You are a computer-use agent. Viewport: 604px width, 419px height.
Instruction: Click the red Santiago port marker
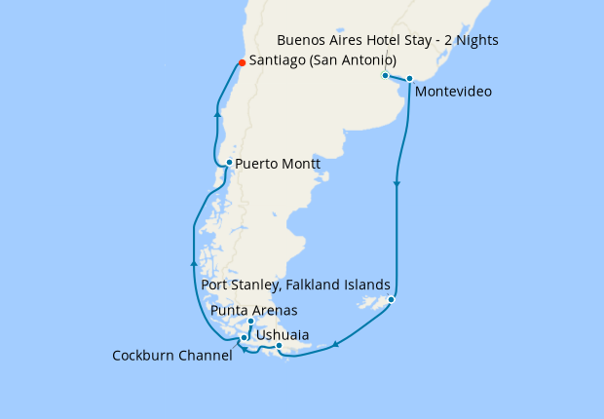(x=242, y=64)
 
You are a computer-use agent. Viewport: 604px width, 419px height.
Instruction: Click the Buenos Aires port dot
(x=385, y=75)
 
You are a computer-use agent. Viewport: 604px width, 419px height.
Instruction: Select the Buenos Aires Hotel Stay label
(x=387, y=40)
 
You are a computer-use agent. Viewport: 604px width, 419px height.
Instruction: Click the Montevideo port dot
(x=409, y=78)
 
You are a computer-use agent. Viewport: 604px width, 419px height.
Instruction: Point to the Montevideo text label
(x=453, y=93)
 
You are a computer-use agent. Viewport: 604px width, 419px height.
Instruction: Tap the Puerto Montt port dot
(x=228, y=163)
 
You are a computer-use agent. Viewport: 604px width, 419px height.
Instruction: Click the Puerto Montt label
(x=277, y=165)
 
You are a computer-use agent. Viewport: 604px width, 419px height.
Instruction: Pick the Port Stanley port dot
(x=391, y=300)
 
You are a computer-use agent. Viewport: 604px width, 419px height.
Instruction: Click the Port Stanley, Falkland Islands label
(x=295, y=285)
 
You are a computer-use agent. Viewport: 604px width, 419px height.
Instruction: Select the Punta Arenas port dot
(x=250, y=322)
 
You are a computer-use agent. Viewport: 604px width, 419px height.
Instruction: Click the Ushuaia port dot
(x=279, y=346)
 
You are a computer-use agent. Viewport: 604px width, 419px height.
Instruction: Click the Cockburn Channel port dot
(x=244, y=337)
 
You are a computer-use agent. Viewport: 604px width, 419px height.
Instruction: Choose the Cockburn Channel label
(x=171, y=356)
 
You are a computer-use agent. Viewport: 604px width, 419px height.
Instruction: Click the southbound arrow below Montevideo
(x=396, y=182)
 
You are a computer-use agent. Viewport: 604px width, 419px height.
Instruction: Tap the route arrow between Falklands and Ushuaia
(x=335, y=343)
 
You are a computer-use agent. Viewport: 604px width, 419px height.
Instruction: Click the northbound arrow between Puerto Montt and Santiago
(x=217, y=114)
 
